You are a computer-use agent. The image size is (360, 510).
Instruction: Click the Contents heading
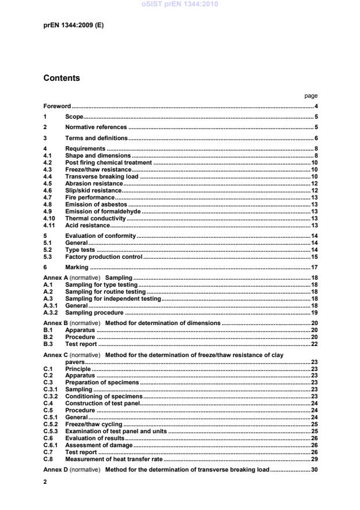(x=62, y=79)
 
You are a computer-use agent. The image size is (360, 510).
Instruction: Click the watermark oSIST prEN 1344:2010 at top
(x=180, y=5)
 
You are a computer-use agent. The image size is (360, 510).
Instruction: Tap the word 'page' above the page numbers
(x=311, y=96)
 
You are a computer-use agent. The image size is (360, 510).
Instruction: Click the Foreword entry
(x=57, y=106)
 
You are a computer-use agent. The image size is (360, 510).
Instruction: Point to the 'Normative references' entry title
(x=96, y=127)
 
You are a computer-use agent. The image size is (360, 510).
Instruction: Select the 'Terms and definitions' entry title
(x=97, y=138)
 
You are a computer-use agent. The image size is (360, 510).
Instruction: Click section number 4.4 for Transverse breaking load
(x=48, y=176)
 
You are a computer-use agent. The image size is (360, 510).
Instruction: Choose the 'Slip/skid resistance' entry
(x=94, y=190)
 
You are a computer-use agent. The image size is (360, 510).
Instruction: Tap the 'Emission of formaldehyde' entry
(x=103, y=211)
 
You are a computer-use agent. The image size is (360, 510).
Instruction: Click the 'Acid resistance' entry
(x=87, y=225)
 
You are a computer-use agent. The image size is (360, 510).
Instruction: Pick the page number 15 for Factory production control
(x=314, y=256)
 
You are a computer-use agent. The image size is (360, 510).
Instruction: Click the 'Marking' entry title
(x=77, y=267)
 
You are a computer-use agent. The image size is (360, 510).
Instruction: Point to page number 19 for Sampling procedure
(x=314, y=312)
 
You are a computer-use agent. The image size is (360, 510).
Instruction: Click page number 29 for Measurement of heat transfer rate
(x=314, y=459)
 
